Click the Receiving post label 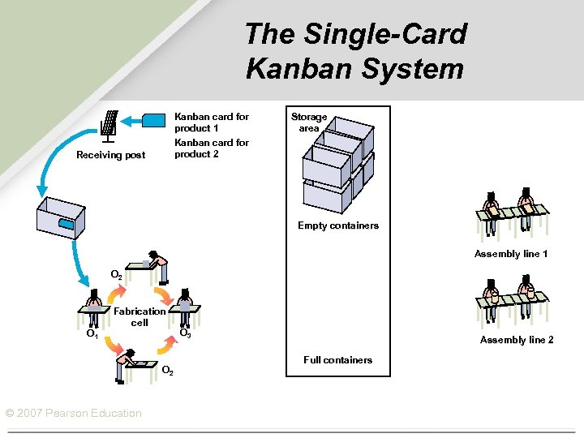110,155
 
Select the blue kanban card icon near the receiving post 153,121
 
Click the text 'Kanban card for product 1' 212,122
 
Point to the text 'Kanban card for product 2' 212,148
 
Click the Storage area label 309,122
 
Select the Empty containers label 337,225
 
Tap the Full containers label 337,359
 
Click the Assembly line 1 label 511,254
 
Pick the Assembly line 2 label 517,340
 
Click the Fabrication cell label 140,316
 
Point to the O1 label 92,333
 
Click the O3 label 185,333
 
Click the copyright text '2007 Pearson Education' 73,414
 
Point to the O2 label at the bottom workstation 166,371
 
